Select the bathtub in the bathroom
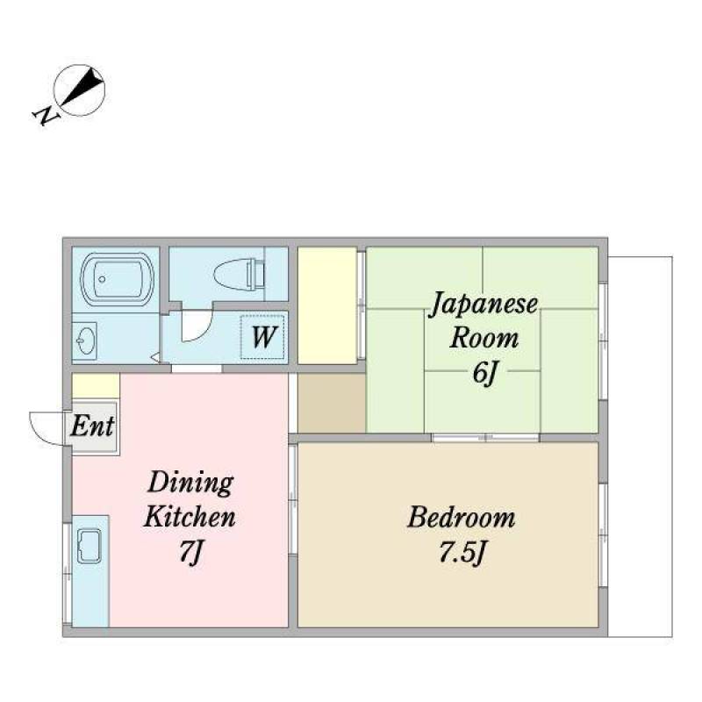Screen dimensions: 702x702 pyautogui.click(x=117, y=279)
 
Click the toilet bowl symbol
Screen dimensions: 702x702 pyautogui.click(x=239, y=273)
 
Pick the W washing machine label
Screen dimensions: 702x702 pyautogui.click(x=264, y=337)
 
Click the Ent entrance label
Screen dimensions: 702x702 pyautogui.click(x=92, y=426)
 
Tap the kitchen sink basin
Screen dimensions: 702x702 pyautogui.click(x=90, y=546)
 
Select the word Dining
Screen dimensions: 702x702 pyautogui.click(x=190, y=484)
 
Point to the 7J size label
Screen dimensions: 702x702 pyautogui.click(x=190, y=552)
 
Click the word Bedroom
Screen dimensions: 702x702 pyautogui.click(x=462, y=518)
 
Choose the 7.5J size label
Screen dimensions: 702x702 pyautogui.click(x=462, y=553)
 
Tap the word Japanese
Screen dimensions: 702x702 pyautogui.click(x=484, y=305)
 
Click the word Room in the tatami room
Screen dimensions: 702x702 pyautogui.click(x=484, y=338)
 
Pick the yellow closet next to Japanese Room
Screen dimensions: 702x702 pyautogui.click(x=327, y=305)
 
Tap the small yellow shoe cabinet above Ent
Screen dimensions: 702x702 pyautogui.click(x=96, y=385)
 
